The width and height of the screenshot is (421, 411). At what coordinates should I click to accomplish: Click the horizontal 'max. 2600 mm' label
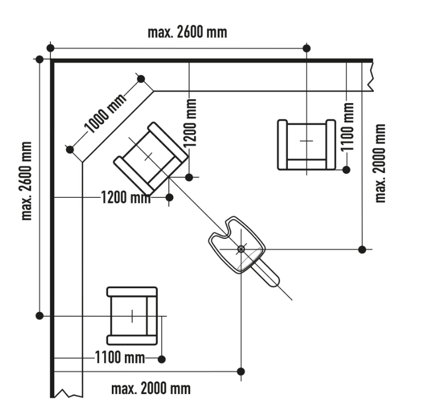point(187,32)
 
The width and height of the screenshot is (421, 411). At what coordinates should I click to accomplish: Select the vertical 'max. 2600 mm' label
point(26,181)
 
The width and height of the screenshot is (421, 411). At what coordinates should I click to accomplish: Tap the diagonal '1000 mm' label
point(105,113)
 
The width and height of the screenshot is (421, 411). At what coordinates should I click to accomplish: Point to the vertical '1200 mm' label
point(190,123)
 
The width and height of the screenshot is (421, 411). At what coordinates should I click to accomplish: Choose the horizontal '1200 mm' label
point(126,198)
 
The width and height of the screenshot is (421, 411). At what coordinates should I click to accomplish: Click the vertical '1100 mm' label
point(347,127)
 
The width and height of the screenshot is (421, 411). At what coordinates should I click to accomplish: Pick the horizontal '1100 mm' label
point(120,358)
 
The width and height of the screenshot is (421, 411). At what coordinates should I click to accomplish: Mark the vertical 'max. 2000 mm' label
point(380,163)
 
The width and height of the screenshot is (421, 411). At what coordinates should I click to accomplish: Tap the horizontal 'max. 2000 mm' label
point(151,389)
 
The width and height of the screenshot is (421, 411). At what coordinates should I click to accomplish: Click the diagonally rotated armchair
point(151,158)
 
